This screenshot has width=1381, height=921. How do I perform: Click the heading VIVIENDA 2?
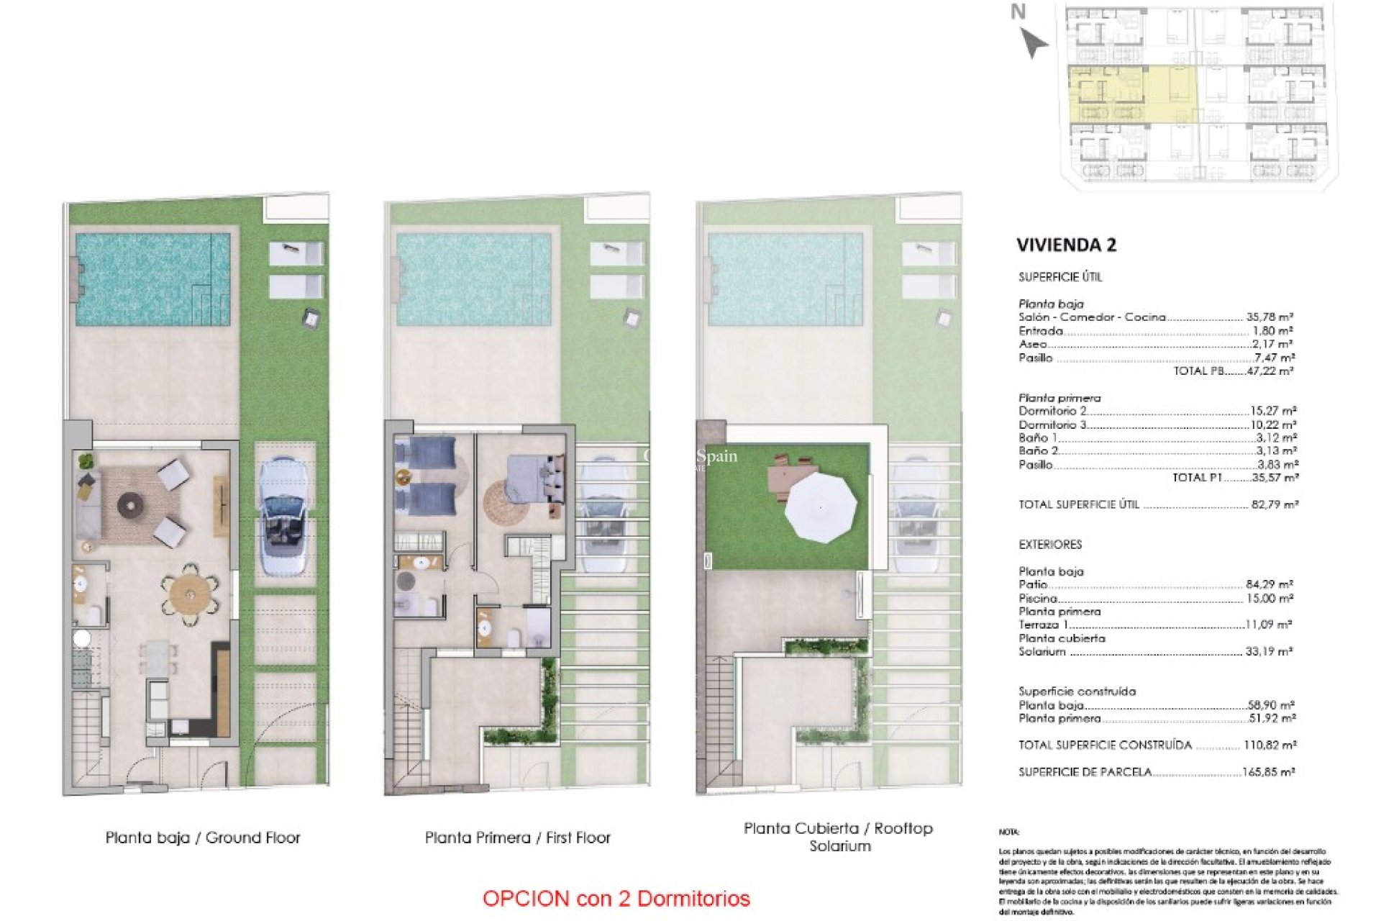point(1066,245)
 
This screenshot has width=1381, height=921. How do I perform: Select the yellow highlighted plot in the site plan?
point(1132,94)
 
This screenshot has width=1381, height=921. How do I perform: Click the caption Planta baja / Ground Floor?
point(203,838)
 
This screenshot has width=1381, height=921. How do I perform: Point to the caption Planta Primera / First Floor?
point(517,838)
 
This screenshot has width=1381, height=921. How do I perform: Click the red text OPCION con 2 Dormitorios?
point(616,898)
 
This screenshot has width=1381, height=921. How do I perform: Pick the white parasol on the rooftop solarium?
point(821,507)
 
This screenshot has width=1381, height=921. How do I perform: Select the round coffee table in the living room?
point(130,506)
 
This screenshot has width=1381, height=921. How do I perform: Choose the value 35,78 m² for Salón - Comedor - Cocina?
point(1270,317)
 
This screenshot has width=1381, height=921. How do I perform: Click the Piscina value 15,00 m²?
point(1270,598)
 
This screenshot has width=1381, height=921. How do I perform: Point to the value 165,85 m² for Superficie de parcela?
point(1269,772)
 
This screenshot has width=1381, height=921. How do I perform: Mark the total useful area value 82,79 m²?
point(1275,504)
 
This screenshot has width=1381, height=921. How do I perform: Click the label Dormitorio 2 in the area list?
point(1052,411)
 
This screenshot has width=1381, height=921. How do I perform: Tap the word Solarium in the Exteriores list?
point(1042,651)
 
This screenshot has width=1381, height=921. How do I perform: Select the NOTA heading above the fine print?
point(1008,832)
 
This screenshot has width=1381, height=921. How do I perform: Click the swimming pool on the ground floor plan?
point(152,278)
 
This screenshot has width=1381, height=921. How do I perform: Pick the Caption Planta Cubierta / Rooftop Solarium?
point(839,837)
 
